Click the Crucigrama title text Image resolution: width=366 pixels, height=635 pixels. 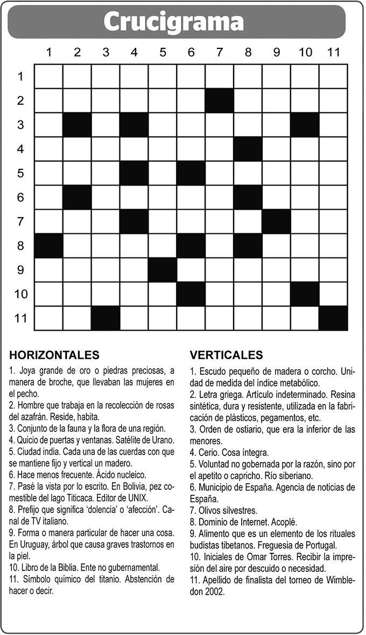coord(173,22)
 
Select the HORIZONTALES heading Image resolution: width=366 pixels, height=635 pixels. coord(54,355)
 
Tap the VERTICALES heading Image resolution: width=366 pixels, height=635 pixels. coord(226,355)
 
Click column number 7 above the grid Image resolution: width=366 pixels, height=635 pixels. coord(219,52)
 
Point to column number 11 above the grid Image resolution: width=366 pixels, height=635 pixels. coord(333,52)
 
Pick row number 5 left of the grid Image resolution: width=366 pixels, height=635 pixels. coord(20,173)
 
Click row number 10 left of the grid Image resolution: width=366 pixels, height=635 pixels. coord(20,294)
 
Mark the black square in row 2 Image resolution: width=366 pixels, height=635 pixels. coord(219,101)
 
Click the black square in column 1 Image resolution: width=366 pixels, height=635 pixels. coord(48,246)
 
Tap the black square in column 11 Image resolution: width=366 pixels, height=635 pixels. coord(333,318)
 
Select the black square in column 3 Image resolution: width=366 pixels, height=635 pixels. coord(105,318)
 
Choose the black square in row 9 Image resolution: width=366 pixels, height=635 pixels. coord(163,270)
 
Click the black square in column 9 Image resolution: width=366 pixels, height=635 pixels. coord(276,222)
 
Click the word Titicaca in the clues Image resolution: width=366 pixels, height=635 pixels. coord(99,498)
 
